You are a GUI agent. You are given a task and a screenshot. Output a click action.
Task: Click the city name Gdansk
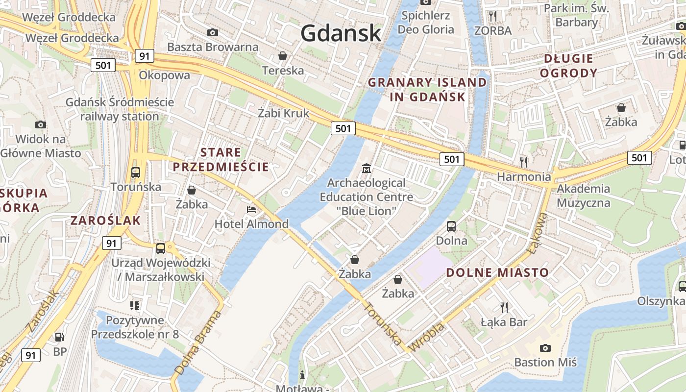point(341,33)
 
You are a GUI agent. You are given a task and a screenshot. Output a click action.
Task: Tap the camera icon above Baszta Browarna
point(213,32)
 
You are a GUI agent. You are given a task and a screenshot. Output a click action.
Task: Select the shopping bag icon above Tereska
point(283,56)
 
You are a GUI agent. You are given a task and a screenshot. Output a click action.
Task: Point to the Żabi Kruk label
point(284,113)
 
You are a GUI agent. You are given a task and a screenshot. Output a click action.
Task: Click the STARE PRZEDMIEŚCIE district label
point(220,160)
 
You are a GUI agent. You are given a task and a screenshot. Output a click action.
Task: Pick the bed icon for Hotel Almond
point(251,210)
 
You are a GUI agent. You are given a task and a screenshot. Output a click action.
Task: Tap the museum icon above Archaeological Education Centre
point(366,169)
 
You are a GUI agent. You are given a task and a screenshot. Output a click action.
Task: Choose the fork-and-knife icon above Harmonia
point(524,161)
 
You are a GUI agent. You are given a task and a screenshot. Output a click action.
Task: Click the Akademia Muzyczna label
point(584,196)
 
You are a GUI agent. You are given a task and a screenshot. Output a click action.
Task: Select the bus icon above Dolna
point(451,226)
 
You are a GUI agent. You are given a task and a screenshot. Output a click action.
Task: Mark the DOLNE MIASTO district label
point(497,272)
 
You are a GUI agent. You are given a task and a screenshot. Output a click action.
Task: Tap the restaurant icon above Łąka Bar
point(504,307)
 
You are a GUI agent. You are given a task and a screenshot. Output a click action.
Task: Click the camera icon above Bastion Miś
point(545,348)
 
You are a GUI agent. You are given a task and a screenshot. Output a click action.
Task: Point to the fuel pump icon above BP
point(59,337)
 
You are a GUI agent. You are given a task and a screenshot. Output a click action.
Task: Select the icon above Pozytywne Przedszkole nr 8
point(135,306)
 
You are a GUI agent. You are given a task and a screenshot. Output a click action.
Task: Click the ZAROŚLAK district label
point(105,220)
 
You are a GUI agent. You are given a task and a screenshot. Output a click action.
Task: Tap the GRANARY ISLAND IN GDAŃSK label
point(427,89)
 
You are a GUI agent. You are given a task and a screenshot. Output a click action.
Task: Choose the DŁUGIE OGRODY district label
point(571,66)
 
